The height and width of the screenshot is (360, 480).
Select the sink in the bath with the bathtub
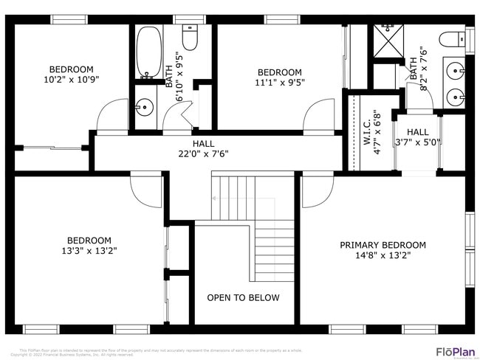tap(144, 108)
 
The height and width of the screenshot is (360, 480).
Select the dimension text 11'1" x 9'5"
tap(279, 83)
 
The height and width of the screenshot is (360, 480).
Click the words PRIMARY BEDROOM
tap(383, 245)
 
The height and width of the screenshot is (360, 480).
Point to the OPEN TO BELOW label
tap(243, 298)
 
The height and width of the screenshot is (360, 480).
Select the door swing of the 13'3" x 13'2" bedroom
tap(146, 190)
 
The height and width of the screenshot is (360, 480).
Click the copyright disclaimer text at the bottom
tap(159, 352)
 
